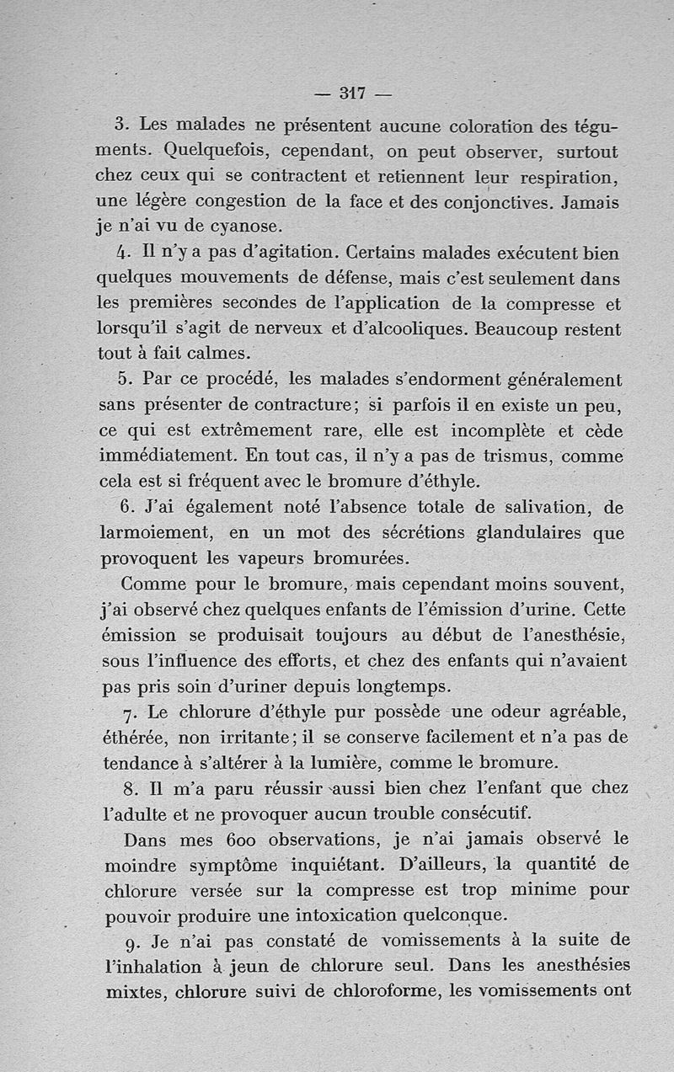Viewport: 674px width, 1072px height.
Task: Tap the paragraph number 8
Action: point(129,791)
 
